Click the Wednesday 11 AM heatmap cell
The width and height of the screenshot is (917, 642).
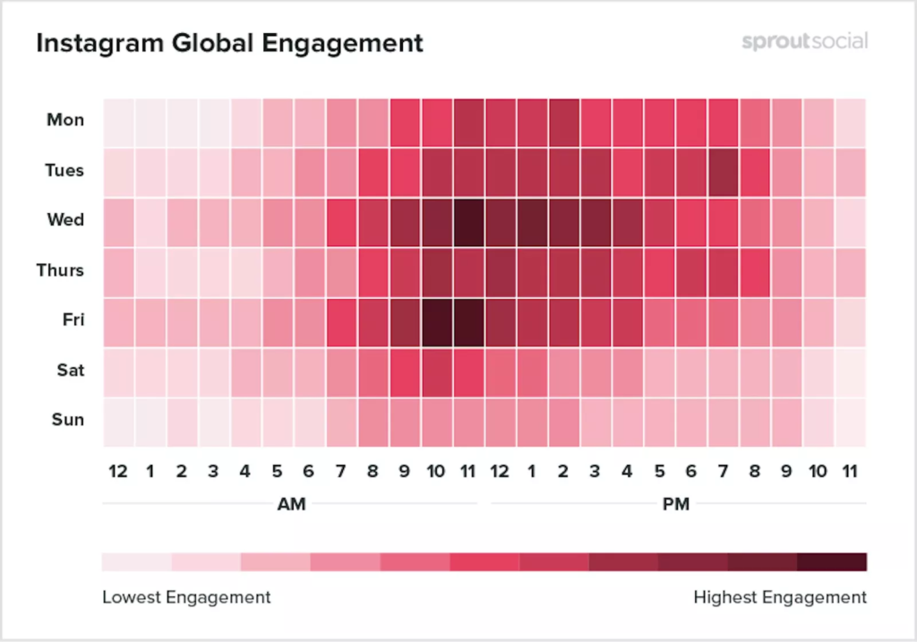(467, 220)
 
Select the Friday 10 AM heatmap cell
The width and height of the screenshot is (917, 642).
(436, 321)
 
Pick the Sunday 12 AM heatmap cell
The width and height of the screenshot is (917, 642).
(118, 421)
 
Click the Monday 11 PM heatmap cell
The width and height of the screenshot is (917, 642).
(851, 120)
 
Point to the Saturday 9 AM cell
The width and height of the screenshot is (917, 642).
(405, 371)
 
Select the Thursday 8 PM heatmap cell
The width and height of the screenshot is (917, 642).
(755, 270)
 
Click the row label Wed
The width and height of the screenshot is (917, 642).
(65, 220)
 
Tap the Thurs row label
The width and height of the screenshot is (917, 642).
(60, 270)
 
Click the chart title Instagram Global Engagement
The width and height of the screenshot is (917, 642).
(229, 42)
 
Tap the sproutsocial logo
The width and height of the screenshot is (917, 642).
(804, 41)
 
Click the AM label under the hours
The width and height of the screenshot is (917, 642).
(291, 504)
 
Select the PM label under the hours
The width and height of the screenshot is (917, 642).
(676, 504)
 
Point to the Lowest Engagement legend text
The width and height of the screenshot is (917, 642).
(186, 597)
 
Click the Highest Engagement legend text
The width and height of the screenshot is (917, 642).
(780, 597)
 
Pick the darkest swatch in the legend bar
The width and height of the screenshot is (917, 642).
(832, 562)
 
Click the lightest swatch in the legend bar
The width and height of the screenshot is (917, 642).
(136, 562)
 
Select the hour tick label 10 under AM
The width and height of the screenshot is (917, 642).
(436, 470)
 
